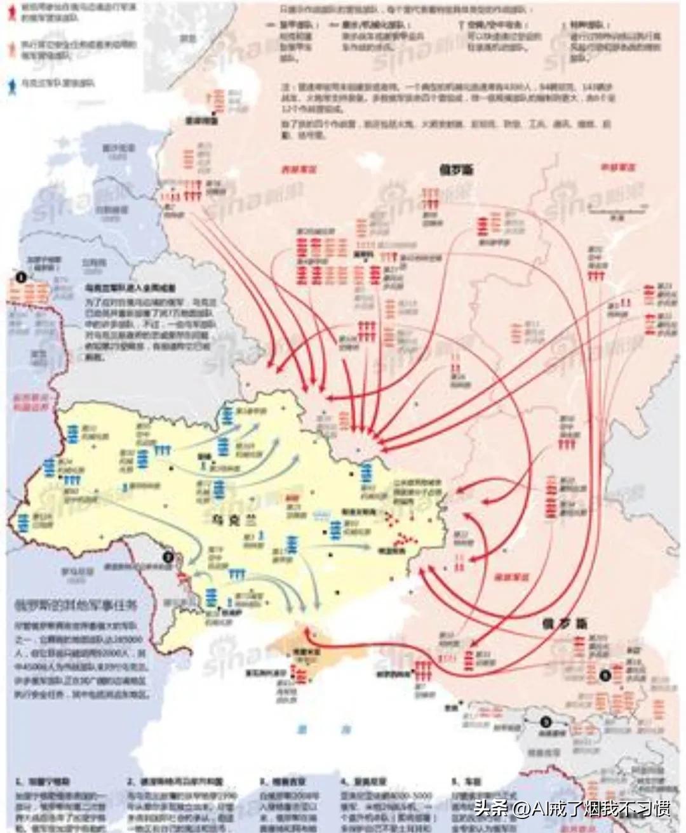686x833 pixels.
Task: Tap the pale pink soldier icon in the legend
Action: [11, 48]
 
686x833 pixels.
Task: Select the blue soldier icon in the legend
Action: [11, 83]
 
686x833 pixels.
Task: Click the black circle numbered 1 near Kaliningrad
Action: [21, 277]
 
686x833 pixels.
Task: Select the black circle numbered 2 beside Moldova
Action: [168, 557]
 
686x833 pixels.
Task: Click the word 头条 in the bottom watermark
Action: [488, 808]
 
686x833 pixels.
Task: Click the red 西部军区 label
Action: [299, 170]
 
